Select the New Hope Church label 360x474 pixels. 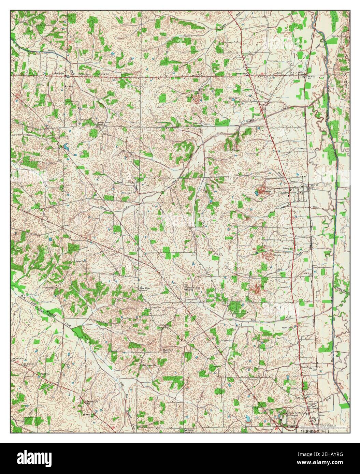[145, 290]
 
